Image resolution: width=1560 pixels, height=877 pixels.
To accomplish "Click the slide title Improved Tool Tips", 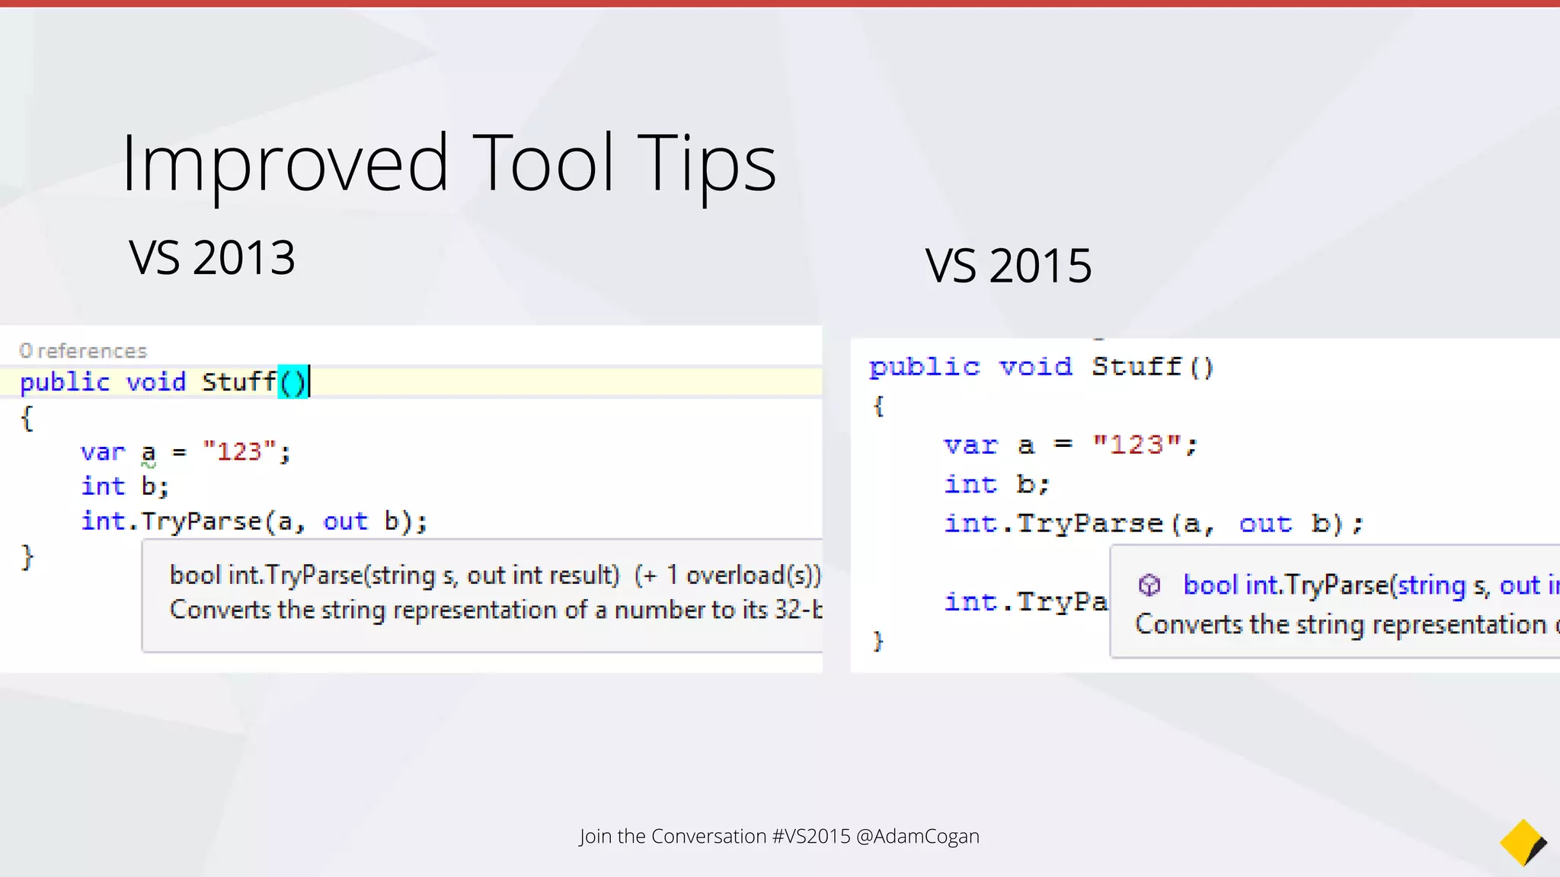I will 449,163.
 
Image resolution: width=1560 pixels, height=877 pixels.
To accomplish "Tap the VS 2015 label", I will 1009,266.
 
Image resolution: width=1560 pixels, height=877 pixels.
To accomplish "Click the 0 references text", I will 83,351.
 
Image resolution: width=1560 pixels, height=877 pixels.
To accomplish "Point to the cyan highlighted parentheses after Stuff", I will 292,381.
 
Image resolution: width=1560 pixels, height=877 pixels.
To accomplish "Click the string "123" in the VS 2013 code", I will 239,451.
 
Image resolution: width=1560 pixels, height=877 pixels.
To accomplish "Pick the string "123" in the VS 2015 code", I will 1137,444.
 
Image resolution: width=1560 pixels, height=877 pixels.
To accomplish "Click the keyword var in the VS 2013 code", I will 102,452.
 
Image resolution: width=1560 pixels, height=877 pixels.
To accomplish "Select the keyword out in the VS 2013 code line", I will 345,521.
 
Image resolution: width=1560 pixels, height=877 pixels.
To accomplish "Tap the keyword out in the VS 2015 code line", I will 1265,524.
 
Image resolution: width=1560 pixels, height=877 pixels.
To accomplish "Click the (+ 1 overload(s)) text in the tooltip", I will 727,575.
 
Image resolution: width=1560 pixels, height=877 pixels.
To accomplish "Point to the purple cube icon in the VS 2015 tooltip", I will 1149,585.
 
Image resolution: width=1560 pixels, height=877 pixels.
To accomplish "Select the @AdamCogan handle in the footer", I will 918,836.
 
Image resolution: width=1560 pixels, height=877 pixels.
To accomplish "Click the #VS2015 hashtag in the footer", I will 811,836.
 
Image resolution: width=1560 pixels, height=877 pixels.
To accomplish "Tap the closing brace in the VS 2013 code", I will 27,556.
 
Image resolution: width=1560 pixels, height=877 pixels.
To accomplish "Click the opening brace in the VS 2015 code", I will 878,406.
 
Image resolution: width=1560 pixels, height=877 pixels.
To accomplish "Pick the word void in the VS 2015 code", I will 1035,367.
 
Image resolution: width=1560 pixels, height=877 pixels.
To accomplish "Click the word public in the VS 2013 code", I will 65,381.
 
